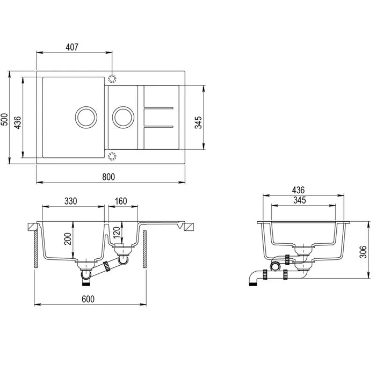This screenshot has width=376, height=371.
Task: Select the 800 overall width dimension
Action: click(x=110, y=177)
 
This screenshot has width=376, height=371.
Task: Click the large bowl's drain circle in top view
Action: click(x=85, y=116)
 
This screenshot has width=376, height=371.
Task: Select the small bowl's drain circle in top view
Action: click(x=122, y=116)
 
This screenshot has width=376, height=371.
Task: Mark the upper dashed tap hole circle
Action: click(x=112, y=78)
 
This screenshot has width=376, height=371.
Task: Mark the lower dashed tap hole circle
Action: click(x=112, y=156)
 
